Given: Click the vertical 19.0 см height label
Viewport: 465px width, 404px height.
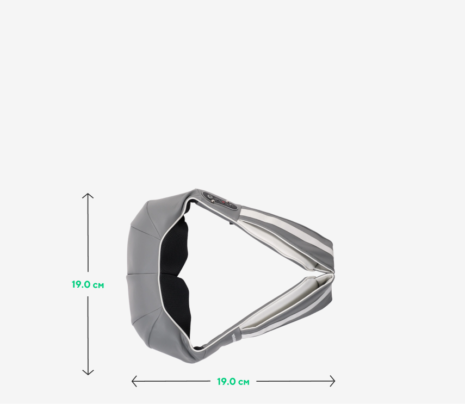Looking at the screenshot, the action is pyautogui.click(x=88, y=284).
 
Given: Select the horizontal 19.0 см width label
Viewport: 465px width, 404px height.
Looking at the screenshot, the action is pyautogui.click(x=233, y=382).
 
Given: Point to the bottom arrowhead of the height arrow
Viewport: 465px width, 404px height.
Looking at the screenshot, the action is pyautogui.click(x=88, y=372).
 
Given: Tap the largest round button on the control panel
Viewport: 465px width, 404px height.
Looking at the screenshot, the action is pyautogui.click(x=210, y=196).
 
